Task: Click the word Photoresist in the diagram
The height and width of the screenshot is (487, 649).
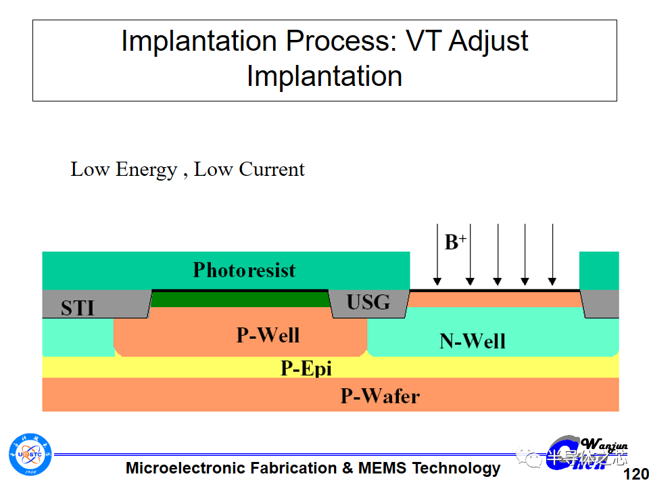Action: tap(244, 271)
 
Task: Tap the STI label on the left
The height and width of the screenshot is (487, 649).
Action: tap(78, 308)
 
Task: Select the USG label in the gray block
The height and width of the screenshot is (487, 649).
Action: tap(368, 302)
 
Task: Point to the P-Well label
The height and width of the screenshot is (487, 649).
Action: tap(268, 334)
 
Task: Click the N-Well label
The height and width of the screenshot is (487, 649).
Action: tap(472, 340)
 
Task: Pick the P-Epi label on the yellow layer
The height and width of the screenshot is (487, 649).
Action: tap(306, 369)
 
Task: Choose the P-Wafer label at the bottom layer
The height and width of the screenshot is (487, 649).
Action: tap(379, 396)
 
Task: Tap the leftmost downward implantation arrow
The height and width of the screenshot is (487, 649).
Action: tap(437, 254)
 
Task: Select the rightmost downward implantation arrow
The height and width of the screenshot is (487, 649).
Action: tap(552, 254)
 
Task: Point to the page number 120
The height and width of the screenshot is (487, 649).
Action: tap(634, 473)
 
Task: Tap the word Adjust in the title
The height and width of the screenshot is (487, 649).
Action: tap(488, 42)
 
